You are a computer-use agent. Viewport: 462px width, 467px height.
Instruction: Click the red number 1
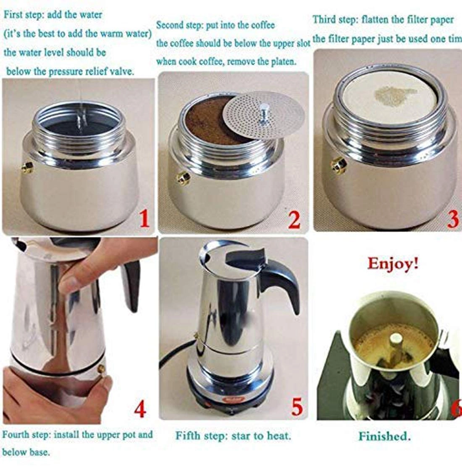(144, 219)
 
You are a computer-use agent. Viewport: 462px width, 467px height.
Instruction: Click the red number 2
(294, 219)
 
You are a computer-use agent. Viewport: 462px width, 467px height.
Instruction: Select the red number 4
(139, 409)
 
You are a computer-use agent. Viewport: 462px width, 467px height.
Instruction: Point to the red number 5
(297, 406)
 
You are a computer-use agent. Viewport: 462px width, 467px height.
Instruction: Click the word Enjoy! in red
(393, 264)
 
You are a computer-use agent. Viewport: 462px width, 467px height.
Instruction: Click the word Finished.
(384, 436)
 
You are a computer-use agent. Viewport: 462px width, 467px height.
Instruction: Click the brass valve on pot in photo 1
(28, 168)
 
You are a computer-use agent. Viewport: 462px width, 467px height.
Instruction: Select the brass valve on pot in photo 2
(183, 178)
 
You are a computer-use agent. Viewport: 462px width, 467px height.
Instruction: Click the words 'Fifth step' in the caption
(201, 435)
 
